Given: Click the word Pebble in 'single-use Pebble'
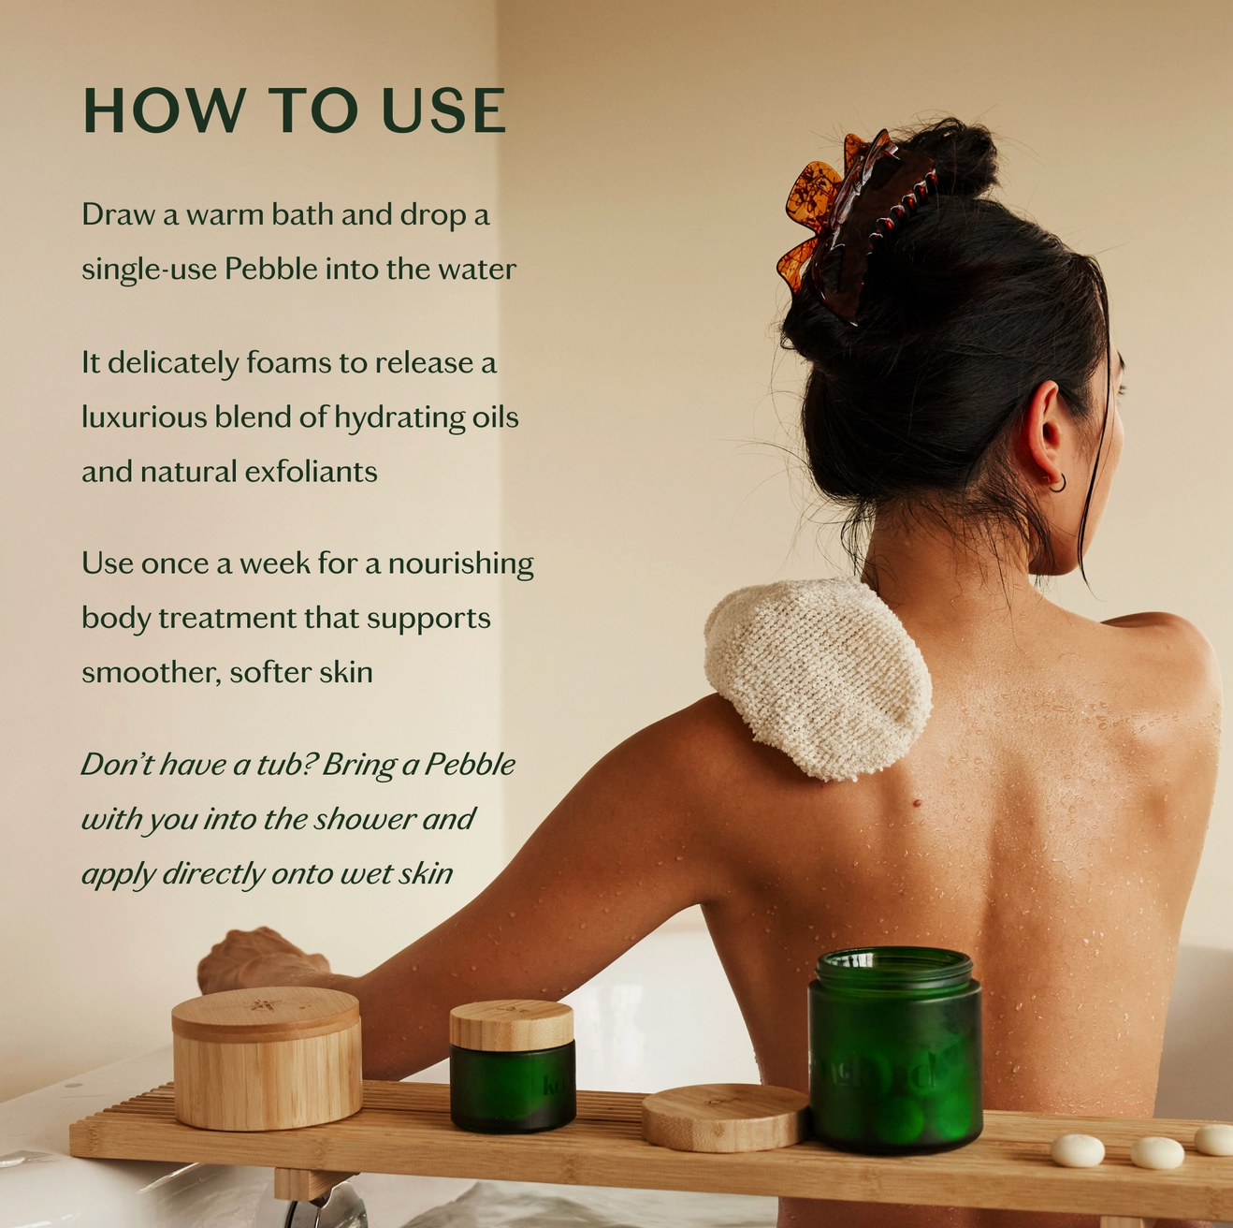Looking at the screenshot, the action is (270, 269).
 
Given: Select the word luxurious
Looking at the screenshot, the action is (143, 417).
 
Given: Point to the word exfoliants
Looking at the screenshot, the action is (311, 472).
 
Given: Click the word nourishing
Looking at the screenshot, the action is (460, 564).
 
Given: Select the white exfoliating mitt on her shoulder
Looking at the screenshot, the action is (819, 679).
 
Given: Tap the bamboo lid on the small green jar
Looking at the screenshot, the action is (511, 1024).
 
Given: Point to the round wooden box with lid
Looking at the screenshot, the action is (267, 1059).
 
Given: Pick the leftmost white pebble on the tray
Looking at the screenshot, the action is (1078, 1150).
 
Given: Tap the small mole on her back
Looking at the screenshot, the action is (917, 803).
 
